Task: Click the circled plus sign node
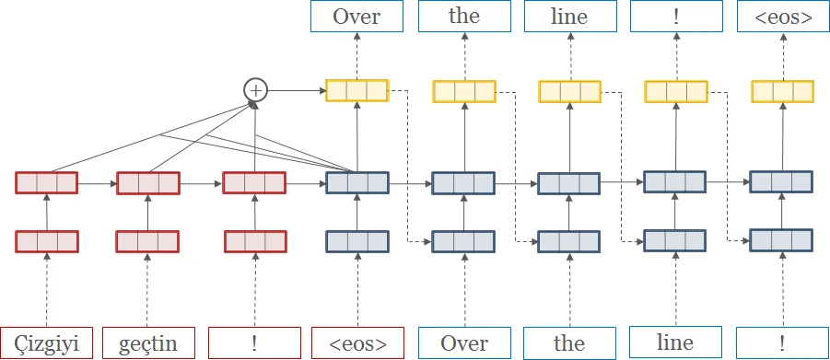click(254, 90)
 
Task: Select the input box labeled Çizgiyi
click(46, 343)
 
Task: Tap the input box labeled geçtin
click(148, 343)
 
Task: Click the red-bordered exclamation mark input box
click(254, 343)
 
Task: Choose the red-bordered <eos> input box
click(357, 343)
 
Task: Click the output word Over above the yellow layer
click(357, 17)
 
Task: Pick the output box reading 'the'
click(463, 17)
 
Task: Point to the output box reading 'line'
click(569, 17)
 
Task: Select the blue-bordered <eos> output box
click(781, 17)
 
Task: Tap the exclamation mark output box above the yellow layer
click(675, 17)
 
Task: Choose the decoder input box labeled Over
click(463, 343)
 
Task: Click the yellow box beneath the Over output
click(357, 91)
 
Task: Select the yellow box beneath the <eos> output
click(781, 91)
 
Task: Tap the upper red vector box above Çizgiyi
click(46, 182)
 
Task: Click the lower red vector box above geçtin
click(148, 241)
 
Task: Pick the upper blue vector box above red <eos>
click(357, 182)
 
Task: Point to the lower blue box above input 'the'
click(569, 241)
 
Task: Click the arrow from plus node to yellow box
click(295, 90)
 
